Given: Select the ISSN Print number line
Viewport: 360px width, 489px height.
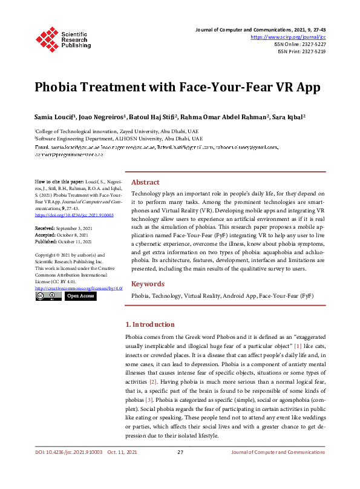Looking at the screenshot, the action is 301,52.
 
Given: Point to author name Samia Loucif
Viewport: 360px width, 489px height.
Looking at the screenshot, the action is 54,116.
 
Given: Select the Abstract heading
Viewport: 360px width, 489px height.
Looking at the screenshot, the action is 146,182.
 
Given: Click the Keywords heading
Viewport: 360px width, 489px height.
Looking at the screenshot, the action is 148,284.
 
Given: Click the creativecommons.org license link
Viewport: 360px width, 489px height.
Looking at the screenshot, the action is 79,288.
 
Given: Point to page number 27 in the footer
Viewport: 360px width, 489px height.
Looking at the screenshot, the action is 180,469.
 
